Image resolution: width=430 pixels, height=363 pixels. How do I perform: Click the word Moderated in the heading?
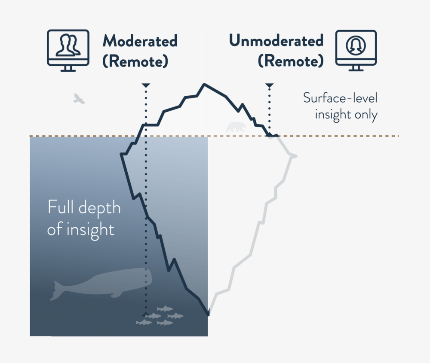pos(140,41)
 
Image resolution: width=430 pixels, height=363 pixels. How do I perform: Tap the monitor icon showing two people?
pos(68,50)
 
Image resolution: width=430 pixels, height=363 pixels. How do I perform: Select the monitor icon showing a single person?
pos(356,50)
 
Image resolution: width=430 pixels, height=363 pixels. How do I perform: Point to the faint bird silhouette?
pos(79,99)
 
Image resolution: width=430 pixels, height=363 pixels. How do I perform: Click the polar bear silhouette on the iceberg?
pos(236,127)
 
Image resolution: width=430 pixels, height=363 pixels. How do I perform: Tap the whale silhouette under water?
pos(101,284)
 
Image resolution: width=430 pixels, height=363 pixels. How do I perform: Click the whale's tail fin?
pos(56,291)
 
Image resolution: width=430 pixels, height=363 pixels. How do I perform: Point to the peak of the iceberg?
pos(205,84)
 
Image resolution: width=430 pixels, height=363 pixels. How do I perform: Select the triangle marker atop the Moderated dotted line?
pos(146,85)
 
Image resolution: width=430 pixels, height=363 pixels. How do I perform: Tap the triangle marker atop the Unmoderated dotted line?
pos(269,85)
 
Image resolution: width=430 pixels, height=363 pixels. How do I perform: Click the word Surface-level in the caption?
pos(340,98)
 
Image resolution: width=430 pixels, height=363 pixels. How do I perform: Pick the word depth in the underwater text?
pos(100,207)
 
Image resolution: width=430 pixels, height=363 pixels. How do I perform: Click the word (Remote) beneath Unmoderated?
pos(291,61)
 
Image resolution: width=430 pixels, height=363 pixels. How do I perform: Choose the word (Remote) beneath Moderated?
pos(135,61)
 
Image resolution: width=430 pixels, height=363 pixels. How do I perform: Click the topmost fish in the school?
pos(165,309)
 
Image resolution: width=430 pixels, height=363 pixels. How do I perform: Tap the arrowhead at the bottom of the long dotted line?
pos(146,314)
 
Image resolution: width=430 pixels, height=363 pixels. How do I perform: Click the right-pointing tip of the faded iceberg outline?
pos(296,156)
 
